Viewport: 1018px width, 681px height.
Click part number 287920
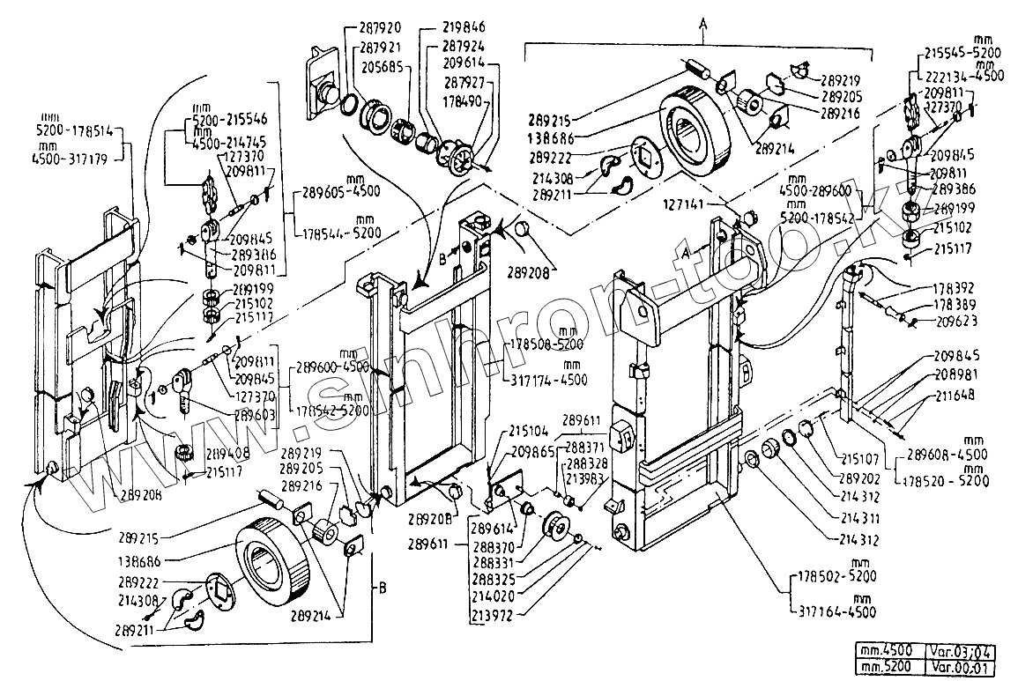381,27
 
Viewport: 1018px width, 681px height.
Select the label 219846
464,27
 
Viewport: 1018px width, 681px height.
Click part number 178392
954,288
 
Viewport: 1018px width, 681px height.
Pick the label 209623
954,322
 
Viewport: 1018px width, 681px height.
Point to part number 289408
228,455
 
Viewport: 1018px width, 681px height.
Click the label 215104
530,433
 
